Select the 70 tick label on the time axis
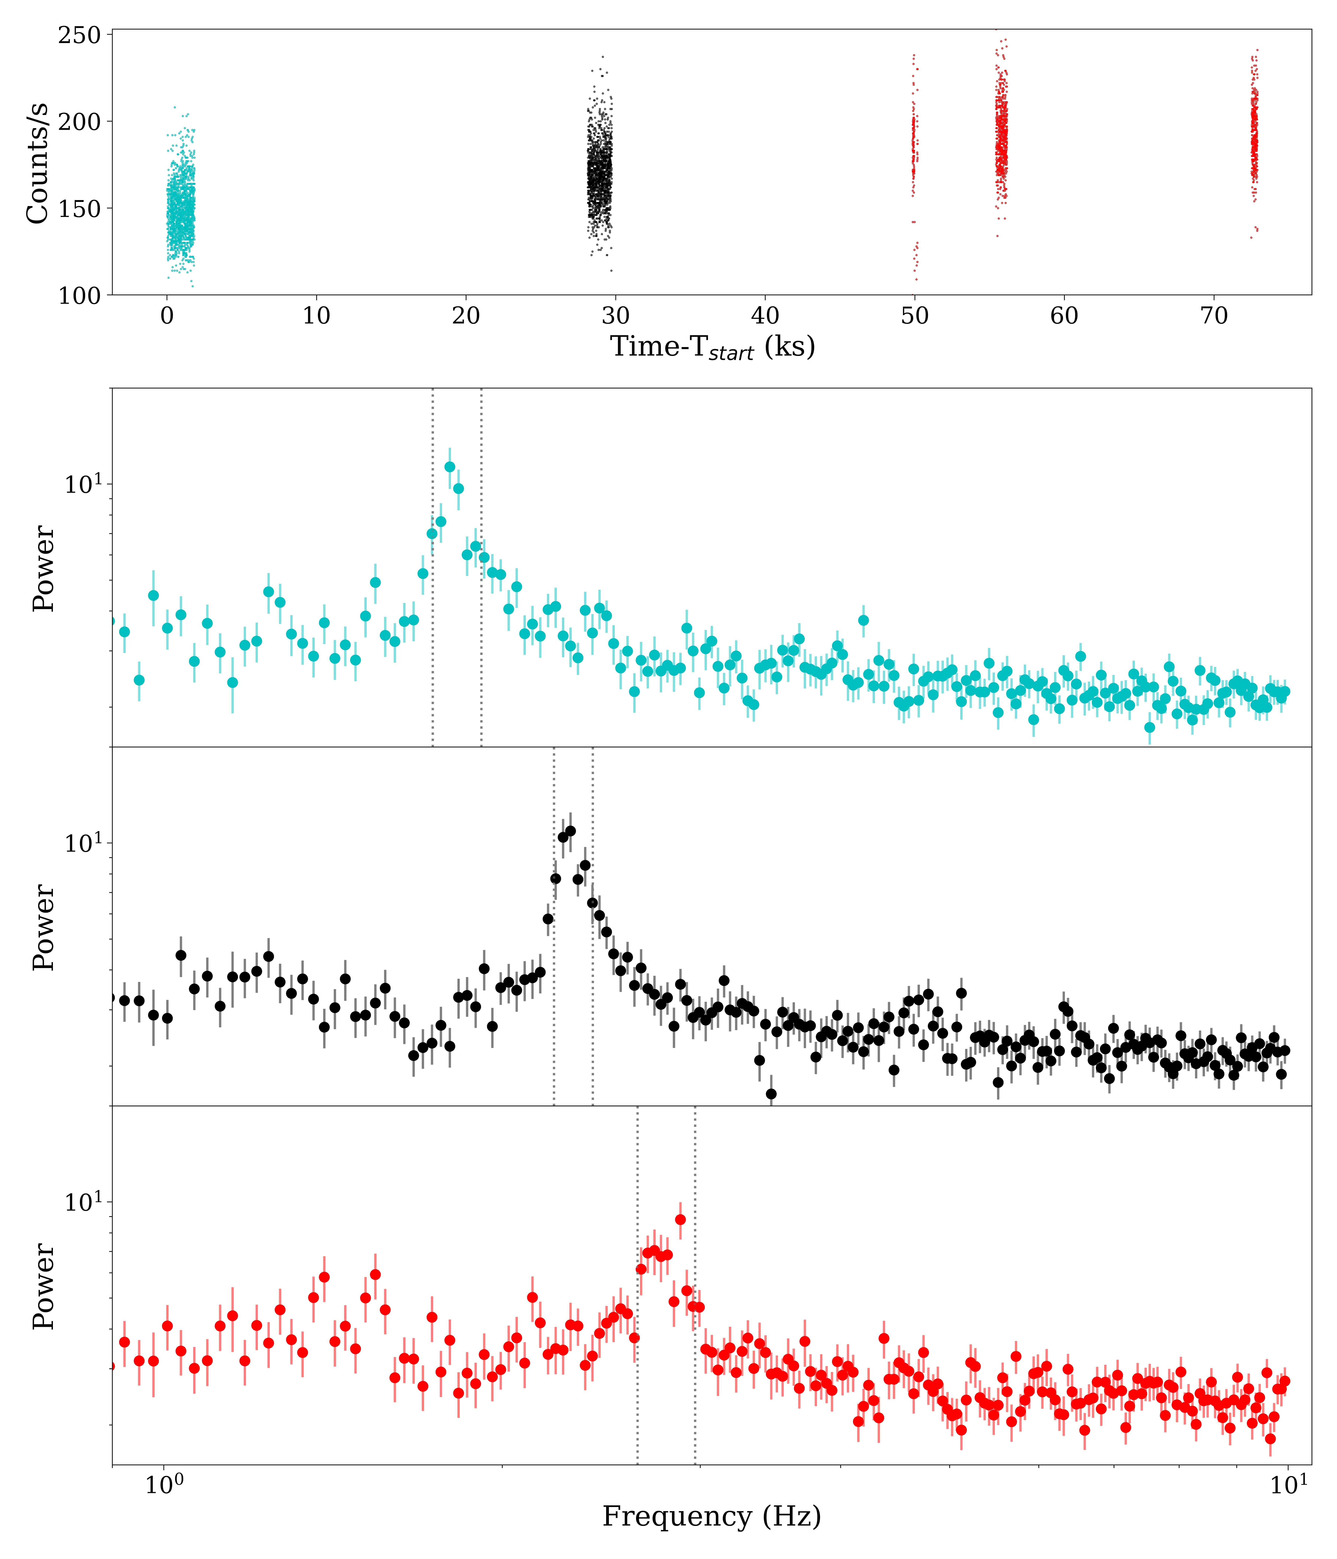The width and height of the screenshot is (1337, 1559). click(x=1214, y=316)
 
